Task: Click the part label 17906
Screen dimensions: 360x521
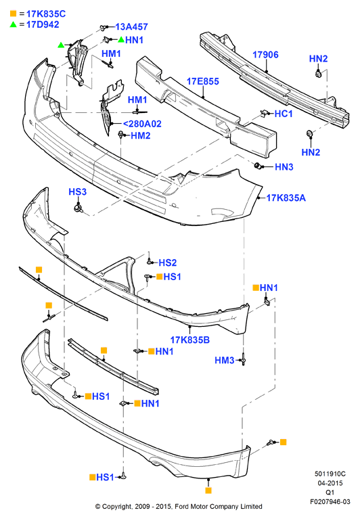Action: click(x=265, y=55)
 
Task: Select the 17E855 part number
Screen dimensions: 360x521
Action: click(x=203, y=81)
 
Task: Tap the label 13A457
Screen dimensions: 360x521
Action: click(x=132, y=27)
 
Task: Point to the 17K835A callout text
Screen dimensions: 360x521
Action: click(x=286, y=198)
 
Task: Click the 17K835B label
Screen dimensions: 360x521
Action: click(x=189, y=340)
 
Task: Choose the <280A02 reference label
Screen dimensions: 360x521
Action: click(x=142, y=124)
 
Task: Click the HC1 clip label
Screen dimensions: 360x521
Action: click(x=284, y=114)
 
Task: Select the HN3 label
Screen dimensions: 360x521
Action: click(x=284, y=167)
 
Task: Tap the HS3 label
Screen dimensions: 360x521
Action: click(x=77, y=191)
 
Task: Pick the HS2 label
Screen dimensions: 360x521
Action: click(x=168, y=263)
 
